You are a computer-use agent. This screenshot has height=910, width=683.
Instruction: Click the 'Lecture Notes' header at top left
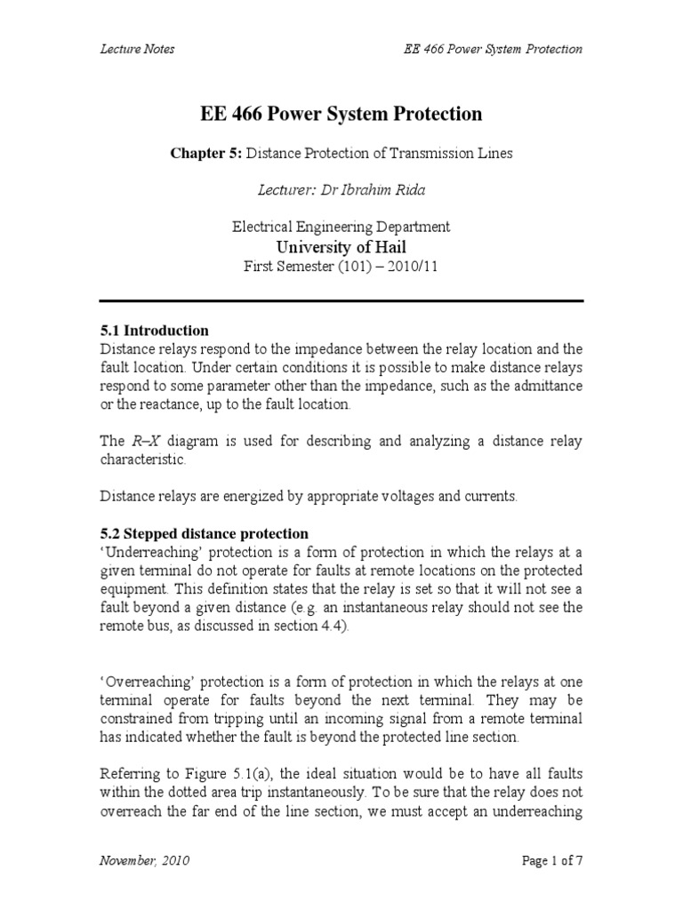pyautogui.click(x=136, y=49)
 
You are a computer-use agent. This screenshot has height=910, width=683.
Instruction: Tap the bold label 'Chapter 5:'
pyautogui.click(x=205, y=154)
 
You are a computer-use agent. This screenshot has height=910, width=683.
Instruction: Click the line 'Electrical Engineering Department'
pyautogui.click(x=341, y=227)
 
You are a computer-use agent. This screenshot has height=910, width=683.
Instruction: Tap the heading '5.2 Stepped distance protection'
pyautogui.click(x=204, y=533)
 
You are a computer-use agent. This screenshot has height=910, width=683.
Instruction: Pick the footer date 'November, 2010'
pyautogui.click(x=144, y=861)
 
